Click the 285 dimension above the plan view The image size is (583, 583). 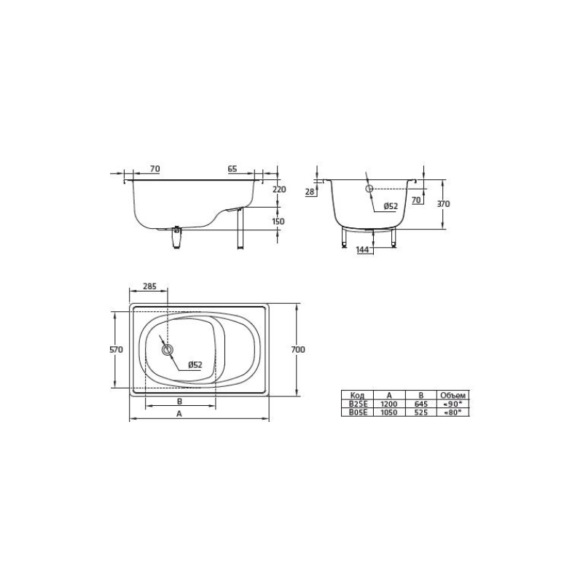[x=150, y=286]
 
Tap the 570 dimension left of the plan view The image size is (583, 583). [x=116, y=350]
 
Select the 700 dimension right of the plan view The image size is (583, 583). [x=298, y=350]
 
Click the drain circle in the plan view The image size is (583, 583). [x=168, y=350]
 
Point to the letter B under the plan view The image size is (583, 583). [x=179, y=402]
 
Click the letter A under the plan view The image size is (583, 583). [x=179, y=413]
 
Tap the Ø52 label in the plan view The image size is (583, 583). [x=195, y=365]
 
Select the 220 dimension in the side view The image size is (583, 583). [x=279, y=189]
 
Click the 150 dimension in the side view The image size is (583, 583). [x=278, y=222]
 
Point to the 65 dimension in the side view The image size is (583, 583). [x=232, y=169]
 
